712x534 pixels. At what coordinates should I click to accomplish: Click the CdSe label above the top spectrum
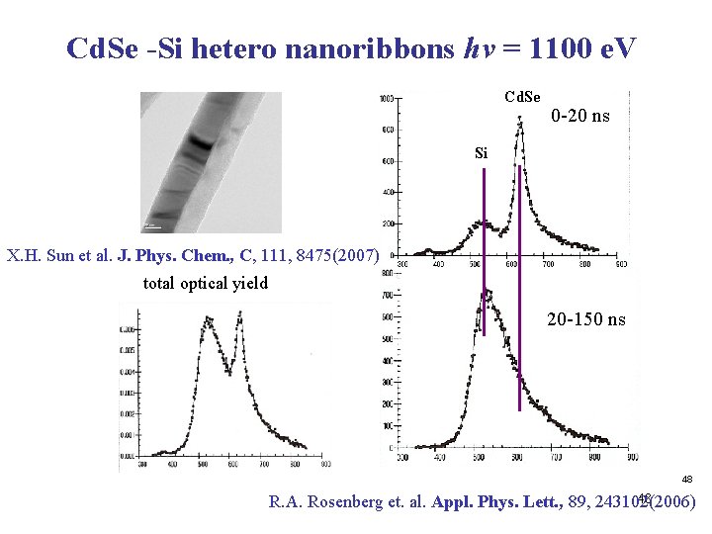coord(522,97)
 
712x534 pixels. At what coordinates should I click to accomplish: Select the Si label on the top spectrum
coord(482,153)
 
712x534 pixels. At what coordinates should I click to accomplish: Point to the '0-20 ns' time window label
coord(580,117)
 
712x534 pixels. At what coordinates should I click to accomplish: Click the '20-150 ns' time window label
coord(585,319)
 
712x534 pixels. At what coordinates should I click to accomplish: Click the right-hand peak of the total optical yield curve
coord(238,315)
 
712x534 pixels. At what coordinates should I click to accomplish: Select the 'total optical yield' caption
coord(204,284)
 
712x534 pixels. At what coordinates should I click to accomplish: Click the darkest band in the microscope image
coord(201,144)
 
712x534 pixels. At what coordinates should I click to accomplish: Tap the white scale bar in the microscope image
coord(153,226)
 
